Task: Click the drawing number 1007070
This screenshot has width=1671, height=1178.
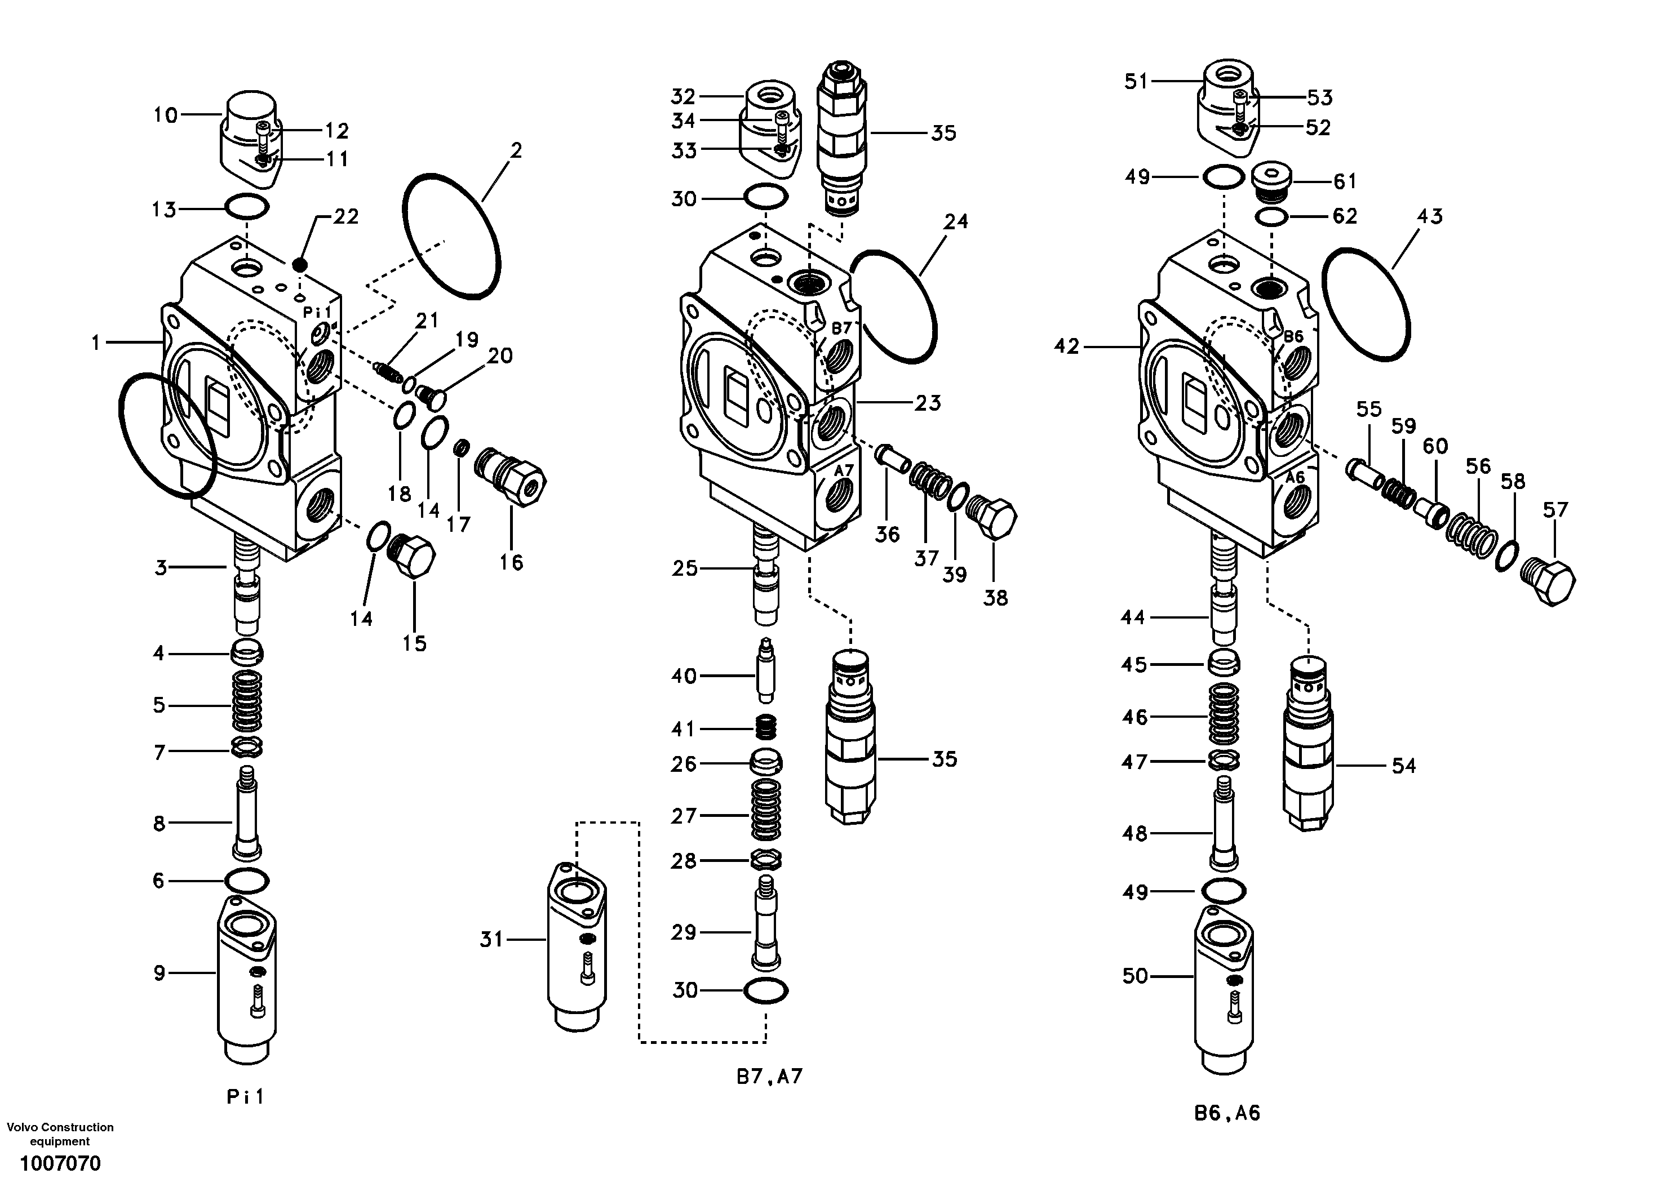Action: [x=60, y=1163]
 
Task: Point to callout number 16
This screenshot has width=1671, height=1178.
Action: [x=511, y=562]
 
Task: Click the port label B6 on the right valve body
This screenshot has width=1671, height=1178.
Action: [x=1292, y=336]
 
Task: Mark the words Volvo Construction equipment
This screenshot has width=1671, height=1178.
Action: [x=60, y=1133]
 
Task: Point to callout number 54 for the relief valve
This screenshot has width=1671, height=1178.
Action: [x=1403, y=766]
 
